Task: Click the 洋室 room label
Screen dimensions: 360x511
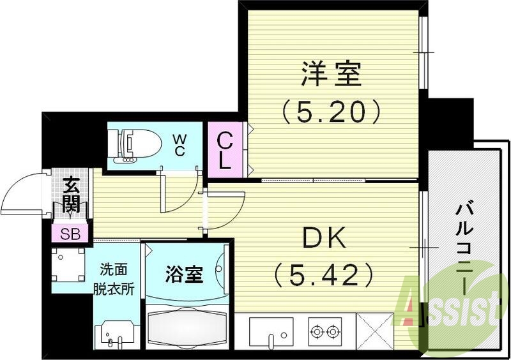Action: (x=332, y=75)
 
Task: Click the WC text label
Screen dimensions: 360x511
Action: (x=179, y=145)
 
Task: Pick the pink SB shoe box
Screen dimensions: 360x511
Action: (x=70, y=233)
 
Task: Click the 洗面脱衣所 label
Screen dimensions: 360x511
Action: (x=117, y=279)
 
